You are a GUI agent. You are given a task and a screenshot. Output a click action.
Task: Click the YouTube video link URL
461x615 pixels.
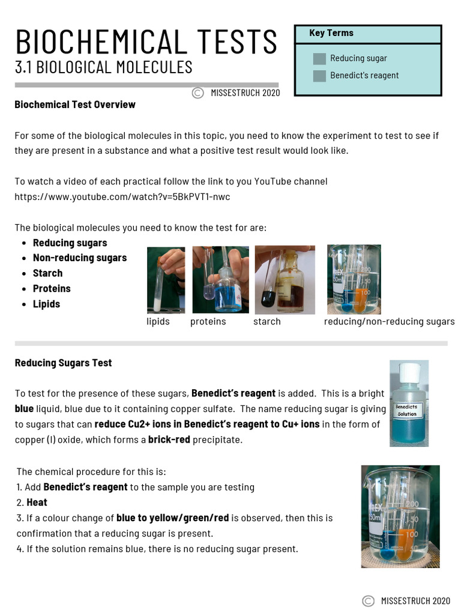pyautogui.click(x=122, y=196)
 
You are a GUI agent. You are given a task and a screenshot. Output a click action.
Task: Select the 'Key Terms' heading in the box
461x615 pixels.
pyautogui.click(x=331, y=33)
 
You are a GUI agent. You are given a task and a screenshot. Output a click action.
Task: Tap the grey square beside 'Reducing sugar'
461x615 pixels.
pyautogui.click(x=319, y=58)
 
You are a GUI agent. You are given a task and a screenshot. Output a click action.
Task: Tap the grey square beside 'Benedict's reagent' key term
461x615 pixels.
pyautogui.click(x=319, y=76)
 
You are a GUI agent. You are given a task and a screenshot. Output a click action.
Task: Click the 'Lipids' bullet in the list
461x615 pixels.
pyautogui.click(x=46, y=304)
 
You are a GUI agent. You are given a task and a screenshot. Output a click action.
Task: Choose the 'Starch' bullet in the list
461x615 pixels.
pyautogui.click(x=47, y=273)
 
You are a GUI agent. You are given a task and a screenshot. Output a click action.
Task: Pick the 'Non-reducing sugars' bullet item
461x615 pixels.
pyautogui.click(x=80, y=258)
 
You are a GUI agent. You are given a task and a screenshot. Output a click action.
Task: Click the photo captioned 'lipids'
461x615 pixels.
pyautogui.click(x=166, y=280)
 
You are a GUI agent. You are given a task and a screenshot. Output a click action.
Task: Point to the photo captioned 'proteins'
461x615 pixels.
pyautogui.click(x=220, y=280)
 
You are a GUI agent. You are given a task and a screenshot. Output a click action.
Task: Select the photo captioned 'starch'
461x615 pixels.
pyautogui.click(x=285, y=280)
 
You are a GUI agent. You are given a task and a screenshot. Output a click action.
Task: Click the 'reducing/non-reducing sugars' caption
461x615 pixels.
pyautogui.click(x=389, y=322)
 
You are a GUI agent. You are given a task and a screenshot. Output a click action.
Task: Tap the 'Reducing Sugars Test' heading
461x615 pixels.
pyautogui.click(x=63, y=363)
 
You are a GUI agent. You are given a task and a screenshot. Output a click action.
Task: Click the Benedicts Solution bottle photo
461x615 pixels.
pyautogui.click(x=409, y=404)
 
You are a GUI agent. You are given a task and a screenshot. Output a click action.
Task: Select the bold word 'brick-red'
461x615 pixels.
pyautogui.click(x=169, y=440)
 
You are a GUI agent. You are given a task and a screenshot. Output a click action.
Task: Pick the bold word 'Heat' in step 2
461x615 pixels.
pyautogui.click(x=37, y=502)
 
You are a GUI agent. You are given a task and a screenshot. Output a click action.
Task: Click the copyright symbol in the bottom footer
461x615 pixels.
pyautogui.click(x=368, y=601)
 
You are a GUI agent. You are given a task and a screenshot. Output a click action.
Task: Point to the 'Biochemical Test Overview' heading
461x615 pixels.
pyautogui.click(x=75, y=105)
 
